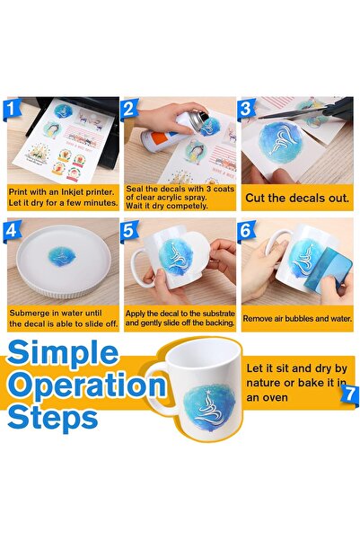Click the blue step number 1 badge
(x=12, y=109)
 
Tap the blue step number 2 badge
(x=129, y=109)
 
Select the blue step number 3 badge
(x=246, y=109)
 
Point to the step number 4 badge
(x=12, y=230)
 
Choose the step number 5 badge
(x=129, y=230)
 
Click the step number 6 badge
(x=246, y=230)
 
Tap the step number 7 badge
(x=349, y=394)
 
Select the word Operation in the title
(x=86, y=386)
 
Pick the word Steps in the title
(x=53, y=418)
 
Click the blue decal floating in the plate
(x=62, y=257)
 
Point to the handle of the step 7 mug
(x=159, y=388)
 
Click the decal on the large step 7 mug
(x=209, y=407)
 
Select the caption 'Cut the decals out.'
(x=297, y=198)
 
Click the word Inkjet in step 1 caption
(x=75, y=192)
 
